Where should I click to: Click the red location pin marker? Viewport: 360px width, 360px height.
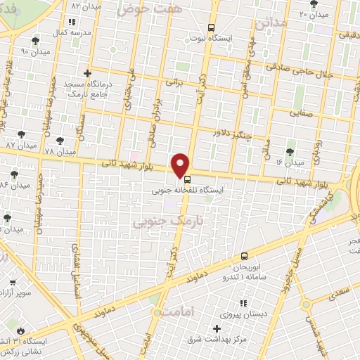coord(181,165)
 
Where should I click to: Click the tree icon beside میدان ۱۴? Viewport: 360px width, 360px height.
coord(290,151)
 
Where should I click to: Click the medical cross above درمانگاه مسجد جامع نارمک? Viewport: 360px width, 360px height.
coord(86,73)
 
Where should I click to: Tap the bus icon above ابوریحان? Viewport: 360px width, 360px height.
coord(244,256)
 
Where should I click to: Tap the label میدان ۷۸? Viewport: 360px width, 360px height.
coord(59,152)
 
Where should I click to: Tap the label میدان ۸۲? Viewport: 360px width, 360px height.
coord(86,5)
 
